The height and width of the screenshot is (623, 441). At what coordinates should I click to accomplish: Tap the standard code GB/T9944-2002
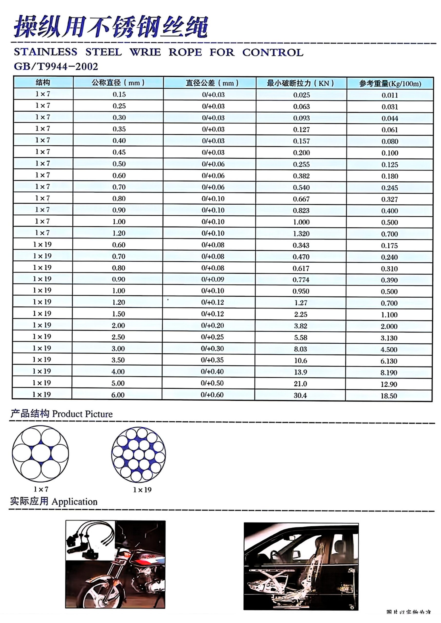tap(56, 66)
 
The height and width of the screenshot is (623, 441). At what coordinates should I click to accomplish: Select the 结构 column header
tap(43, 82)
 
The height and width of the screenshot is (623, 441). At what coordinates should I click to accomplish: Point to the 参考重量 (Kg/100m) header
tap(390, 83)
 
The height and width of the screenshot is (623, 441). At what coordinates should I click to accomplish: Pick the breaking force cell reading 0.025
tap(301, 95)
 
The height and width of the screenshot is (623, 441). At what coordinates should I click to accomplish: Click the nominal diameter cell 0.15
tap(119, 94)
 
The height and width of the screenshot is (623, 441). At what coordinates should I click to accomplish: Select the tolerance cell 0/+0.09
tap(212, 279)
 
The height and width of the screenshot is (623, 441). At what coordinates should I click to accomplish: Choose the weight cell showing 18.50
tap(389, 396)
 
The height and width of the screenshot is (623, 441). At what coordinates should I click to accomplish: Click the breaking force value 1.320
tap(301, 234)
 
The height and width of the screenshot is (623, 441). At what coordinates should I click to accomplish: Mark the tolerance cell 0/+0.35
tap(212, 360)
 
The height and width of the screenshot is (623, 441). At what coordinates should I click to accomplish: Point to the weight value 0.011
tap(390, 95)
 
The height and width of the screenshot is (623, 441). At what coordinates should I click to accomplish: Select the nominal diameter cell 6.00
tap(118, 395)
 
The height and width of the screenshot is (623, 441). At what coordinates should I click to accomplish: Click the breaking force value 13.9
tap(300, 372)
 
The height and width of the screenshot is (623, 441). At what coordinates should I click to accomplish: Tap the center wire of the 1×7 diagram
tap(41, 454)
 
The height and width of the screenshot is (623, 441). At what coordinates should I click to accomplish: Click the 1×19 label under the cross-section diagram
tap(142, 490)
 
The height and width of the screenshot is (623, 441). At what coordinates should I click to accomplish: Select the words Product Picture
tap(82, 414)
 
